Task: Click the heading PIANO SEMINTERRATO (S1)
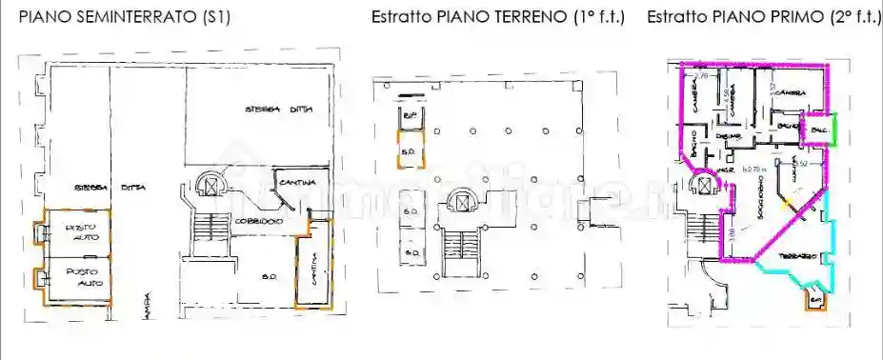[x=124, y=17]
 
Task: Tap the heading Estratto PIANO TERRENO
[x=497, y=17]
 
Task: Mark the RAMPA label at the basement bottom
[x=147, y=307]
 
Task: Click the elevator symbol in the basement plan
[x=211, y=184]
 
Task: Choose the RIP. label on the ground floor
[x=411, y=116]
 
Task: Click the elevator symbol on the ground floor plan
[x=463, y=203]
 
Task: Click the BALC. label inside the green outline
[x=816, y=129]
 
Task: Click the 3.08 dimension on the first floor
[x=732, y=234]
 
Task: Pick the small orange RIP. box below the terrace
[x=814, y=300]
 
